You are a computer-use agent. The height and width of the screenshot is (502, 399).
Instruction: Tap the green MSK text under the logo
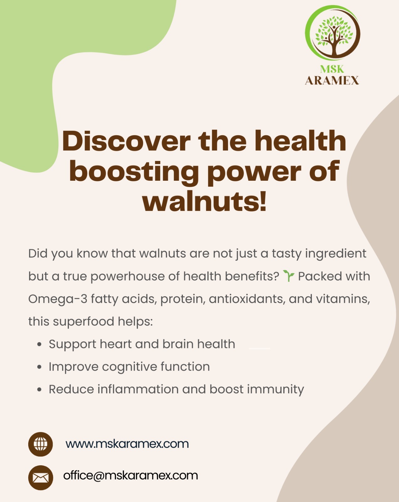click(332, 69)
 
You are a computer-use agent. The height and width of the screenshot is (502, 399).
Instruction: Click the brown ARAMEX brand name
click(332, 81)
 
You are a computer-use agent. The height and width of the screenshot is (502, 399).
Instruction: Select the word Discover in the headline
click(126, 141)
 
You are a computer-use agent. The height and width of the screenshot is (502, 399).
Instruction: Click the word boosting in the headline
click(134, 172)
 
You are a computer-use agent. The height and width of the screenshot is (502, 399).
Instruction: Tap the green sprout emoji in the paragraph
click(289, 276)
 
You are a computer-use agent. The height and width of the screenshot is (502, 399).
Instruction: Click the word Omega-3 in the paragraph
click(58, 299)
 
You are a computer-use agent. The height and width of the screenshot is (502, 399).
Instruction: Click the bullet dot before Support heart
click(39, 344)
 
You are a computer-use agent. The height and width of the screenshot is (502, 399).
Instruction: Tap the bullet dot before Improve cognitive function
click(39, 367)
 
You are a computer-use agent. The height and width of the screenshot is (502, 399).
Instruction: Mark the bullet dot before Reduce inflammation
click(39, 390)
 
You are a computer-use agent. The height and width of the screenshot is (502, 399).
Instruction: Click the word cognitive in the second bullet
click(130, 367)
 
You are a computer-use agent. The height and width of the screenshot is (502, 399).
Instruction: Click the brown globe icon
click(40, 444)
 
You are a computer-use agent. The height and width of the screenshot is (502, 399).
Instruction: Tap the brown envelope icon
click(40, 478)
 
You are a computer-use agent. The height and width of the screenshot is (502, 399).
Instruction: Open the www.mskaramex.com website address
click(127, 444)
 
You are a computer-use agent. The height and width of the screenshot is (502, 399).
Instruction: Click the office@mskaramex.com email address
click(130, 476)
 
